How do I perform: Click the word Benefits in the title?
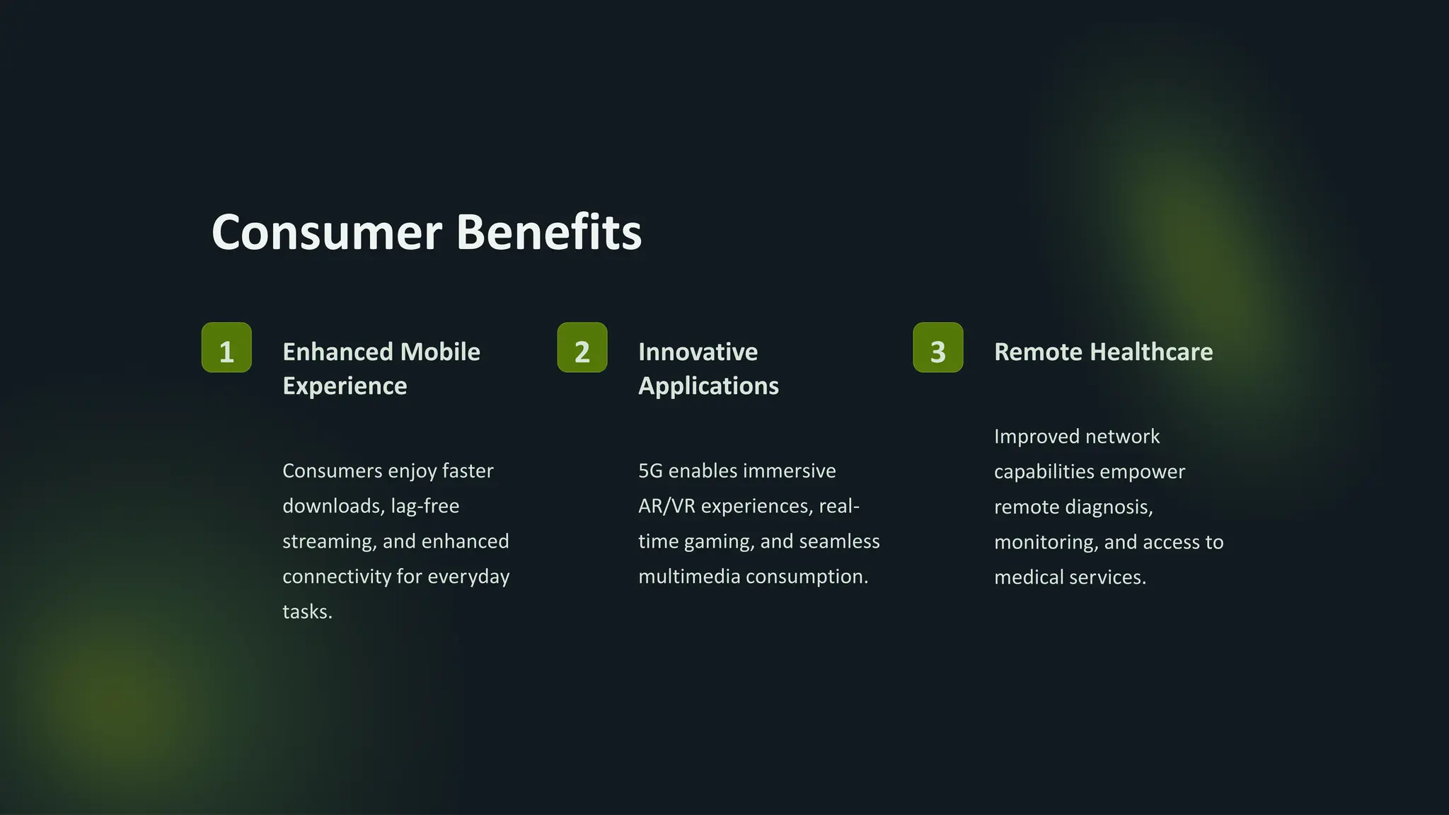(x=549, y=233)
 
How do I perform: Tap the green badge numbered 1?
(x=226, y=347)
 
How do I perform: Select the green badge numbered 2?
(x=582, y=347)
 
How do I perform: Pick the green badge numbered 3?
(x=938, y=347)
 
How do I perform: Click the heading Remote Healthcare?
(x=1103, y=352)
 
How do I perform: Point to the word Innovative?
(x=698, y=352)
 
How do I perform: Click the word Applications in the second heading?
(x=708, y=386)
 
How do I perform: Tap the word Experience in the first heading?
(x=345, y=386)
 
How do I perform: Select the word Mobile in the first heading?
(x=440, y=352)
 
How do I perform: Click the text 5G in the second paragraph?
(x=650, y=471)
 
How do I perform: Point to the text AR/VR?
(x=666, y=507)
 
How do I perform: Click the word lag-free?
(x=425, y=507)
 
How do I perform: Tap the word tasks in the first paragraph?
(x=306, y=612)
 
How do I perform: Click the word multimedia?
(x=689, y=577)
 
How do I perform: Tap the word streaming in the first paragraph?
(x=329, y=542)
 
